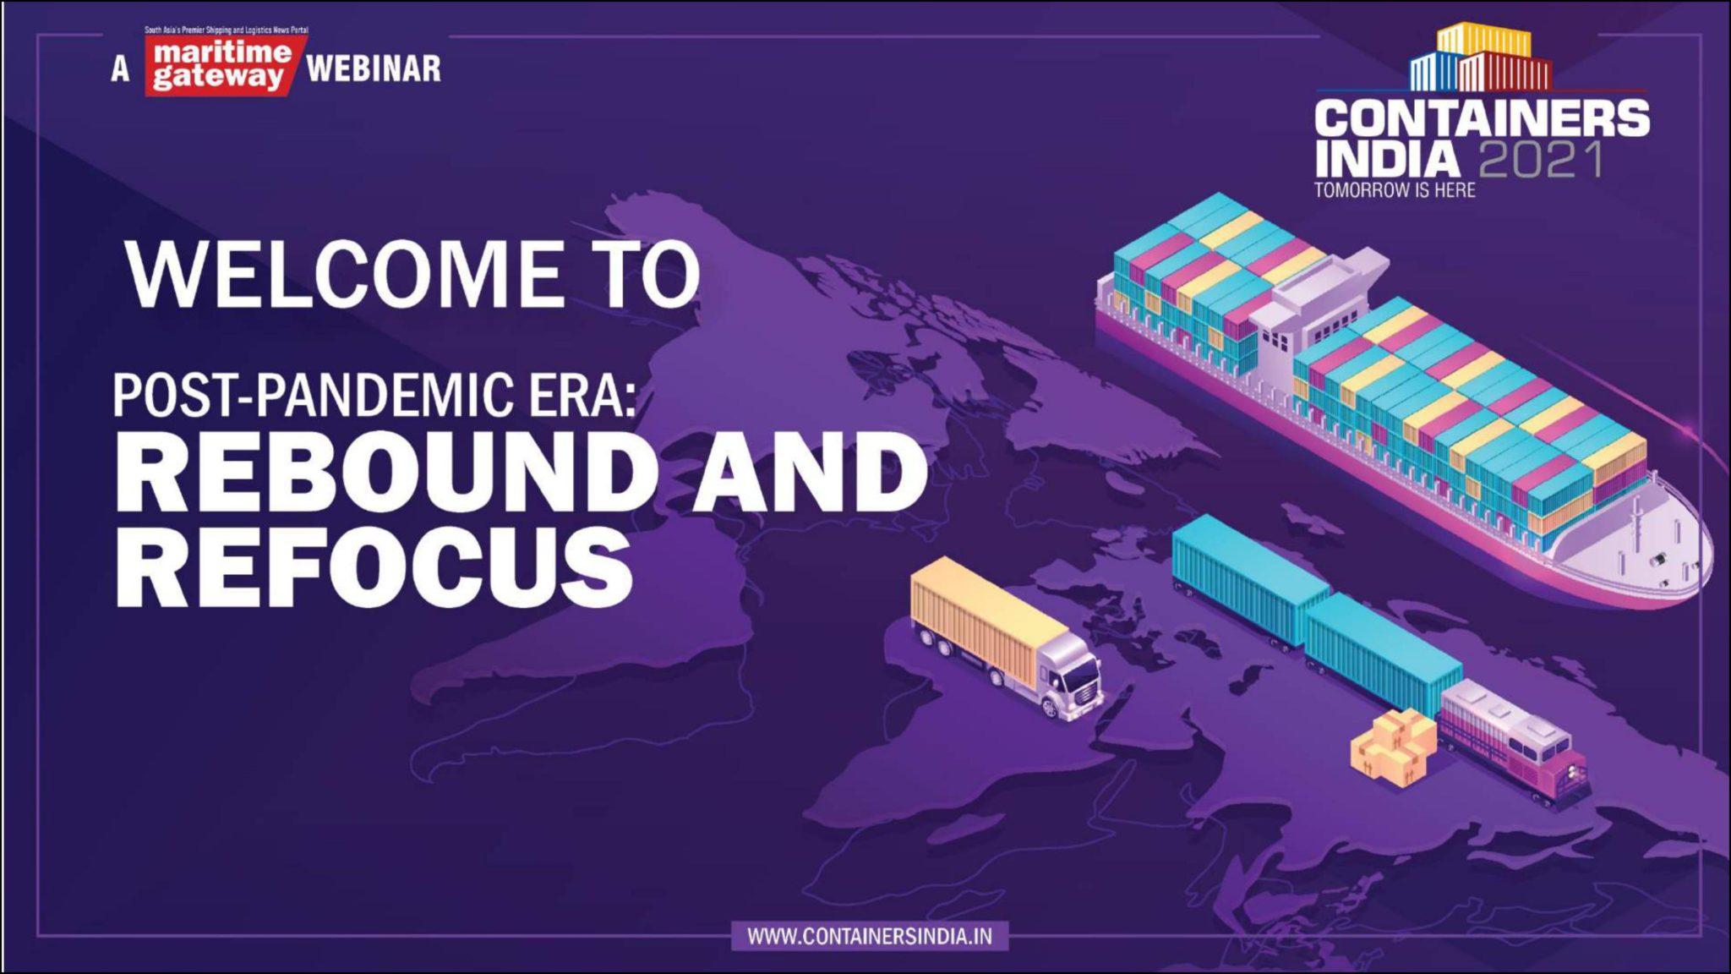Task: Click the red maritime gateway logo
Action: click(221, 66)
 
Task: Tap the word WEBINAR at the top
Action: click(374, 68)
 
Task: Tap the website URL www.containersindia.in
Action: click(870, 937)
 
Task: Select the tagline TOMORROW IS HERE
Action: click(1395, 190)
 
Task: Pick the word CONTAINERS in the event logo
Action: click(1482, 118)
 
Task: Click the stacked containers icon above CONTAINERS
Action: click(1482, 57)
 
